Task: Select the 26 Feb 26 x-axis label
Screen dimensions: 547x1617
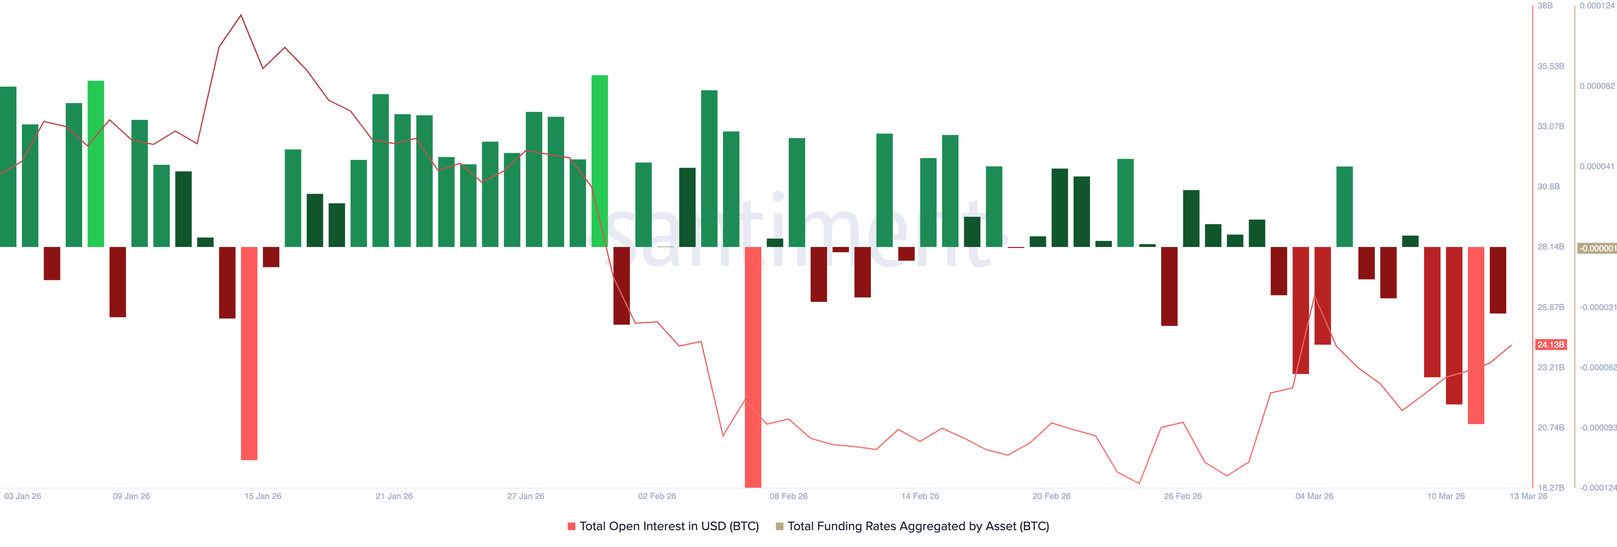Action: [1182, 496]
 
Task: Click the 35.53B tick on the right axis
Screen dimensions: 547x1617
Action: [1550, 66]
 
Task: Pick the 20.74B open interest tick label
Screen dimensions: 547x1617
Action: [1550, 427]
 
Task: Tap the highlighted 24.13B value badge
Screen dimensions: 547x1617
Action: [1550, 344]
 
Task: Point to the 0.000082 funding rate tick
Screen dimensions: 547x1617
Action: [1597, 86]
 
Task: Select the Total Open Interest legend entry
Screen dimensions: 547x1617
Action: [669, 526]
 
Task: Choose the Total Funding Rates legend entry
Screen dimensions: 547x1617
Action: [918, 526]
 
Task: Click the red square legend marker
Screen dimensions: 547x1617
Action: [571, 526]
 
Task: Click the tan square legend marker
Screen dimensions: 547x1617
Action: [779, 526]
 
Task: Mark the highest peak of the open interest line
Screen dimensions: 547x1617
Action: [241, 16]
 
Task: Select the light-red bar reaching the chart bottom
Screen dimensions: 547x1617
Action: [752, 367]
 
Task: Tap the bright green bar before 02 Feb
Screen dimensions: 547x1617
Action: [600, 161]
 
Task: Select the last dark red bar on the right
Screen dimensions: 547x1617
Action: [1498, 280]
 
